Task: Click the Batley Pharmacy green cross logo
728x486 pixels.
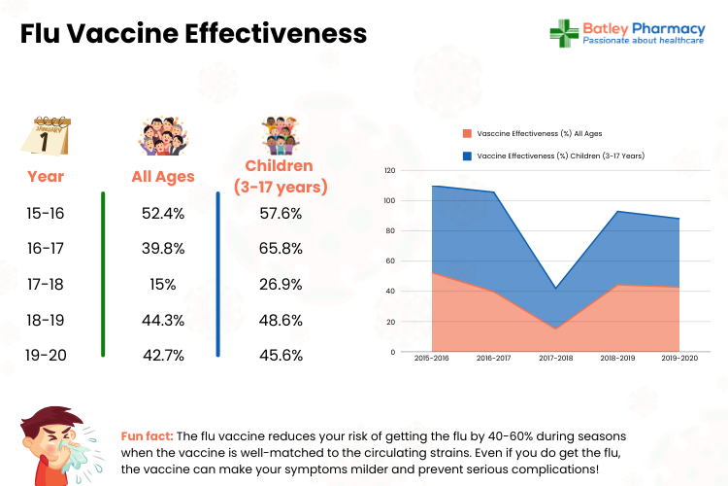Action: tap(564, 33)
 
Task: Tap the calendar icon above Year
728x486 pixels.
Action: tap(46, 137)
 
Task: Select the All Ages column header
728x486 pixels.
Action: tap(163, 177)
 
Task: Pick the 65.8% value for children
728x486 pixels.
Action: tap(281, 249)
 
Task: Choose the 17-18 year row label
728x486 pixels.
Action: tap(46, 284)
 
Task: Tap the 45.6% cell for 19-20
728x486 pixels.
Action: tap(281, 355)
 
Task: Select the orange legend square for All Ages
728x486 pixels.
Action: tap(468, 133)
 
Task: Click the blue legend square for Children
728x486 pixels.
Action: tap(468, 156)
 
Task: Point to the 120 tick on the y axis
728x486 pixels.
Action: tap(389, 170)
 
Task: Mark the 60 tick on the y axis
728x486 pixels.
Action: tap(391, 261)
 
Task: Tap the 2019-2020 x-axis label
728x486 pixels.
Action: tap(680, 359)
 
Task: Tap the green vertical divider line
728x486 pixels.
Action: tap(104, 276)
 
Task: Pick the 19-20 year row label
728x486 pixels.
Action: tap(46, 355)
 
